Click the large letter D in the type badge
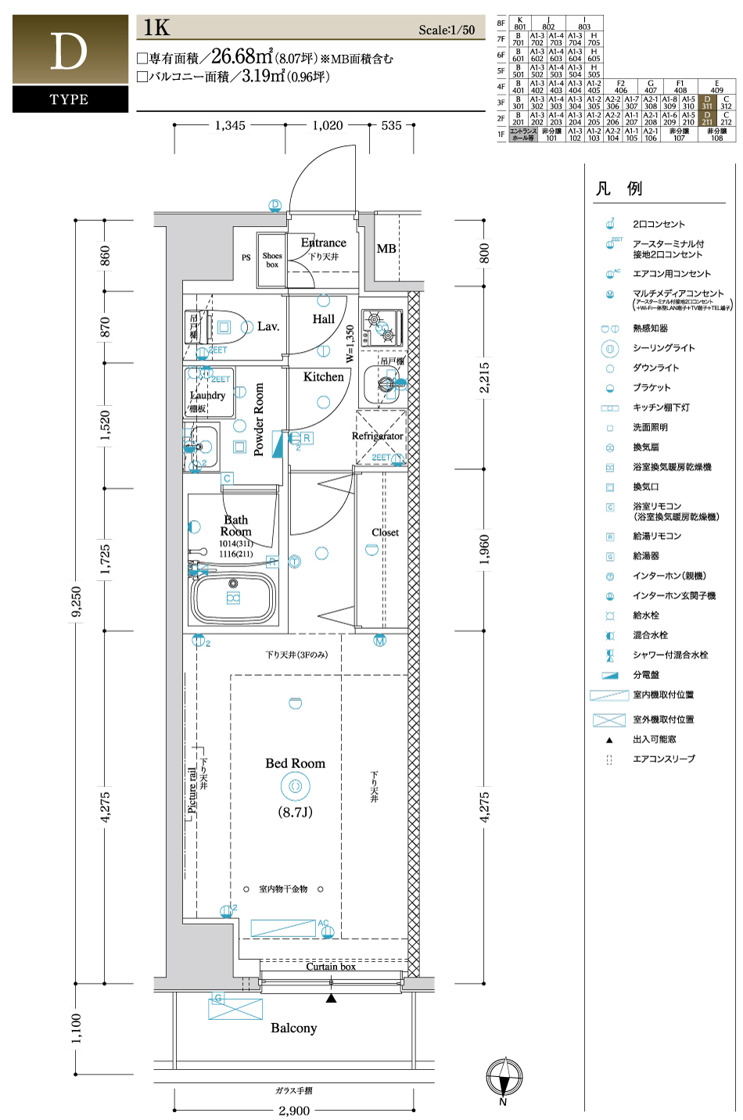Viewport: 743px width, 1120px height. pyautogui.click(x=69, y=52)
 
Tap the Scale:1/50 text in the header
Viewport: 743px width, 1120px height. pyautogui.click(x=447, y=30)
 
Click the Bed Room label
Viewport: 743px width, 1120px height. pyautogui.click(x=295, y=763)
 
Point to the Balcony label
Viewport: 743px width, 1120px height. pyautogui.click(x=294, y=1028)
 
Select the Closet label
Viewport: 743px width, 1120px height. pyautogui.click(x=385, y=533)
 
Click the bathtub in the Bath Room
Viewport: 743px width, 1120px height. pyautogui.click(x=234, y=598)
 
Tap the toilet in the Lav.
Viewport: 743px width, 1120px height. pyautogui.click(x=228, y=326)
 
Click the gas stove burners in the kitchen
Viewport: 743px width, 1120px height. pyautogui.click(x=382, y=328)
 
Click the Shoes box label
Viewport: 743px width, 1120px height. pyautogui.click(x=272, y=260)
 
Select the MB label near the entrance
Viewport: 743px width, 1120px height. pyautogui.click(x=386, y=249)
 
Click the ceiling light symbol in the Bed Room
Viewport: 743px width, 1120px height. pyautogui.click(x=295, y=786)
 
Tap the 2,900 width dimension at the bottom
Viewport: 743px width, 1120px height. pyautogui.click(x=294, y=1111)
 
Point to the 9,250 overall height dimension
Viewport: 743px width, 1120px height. pyautogui.click(x=76, y=601)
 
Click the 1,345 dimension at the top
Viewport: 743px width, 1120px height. pyautogui.click(x=230, y=125)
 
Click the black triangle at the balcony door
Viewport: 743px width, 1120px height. pyautogui.click(x=332, y=998)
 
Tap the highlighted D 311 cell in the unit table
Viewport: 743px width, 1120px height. pyautogui.click(x=707, y=102)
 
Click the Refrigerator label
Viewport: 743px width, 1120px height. pyautogui.click(x=378, y=436)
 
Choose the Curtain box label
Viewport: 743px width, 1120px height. pyautogui.click(x=331, y=967)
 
